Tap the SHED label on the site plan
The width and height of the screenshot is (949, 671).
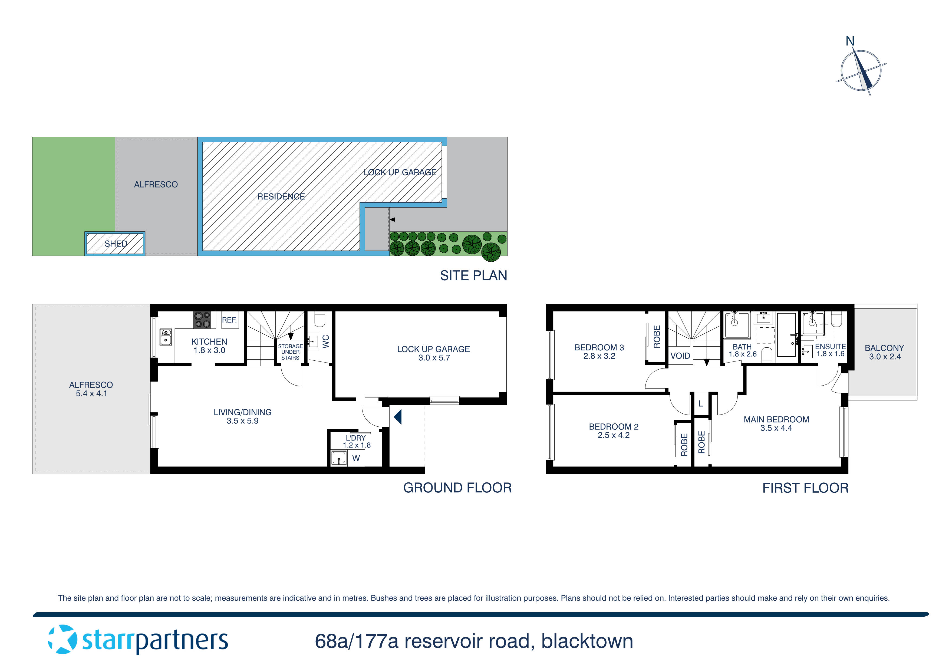coord(116,244)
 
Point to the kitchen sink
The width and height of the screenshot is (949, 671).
coord(166,337)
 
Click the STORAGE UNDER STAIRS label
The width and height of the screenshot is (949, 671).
coord(290,352)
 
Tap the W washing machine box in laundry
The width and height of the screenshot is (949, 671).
coord(356,458)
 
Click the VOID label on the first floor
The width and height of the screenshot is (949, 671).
coord(680,356)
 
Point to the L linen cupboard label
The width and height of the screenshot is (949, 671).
coord(701,403)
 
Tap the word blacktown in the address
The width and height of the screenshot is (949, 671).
coord(587,641)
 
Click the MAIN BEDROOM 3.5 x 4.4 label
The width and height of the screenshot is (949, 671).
coord(776,423)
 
